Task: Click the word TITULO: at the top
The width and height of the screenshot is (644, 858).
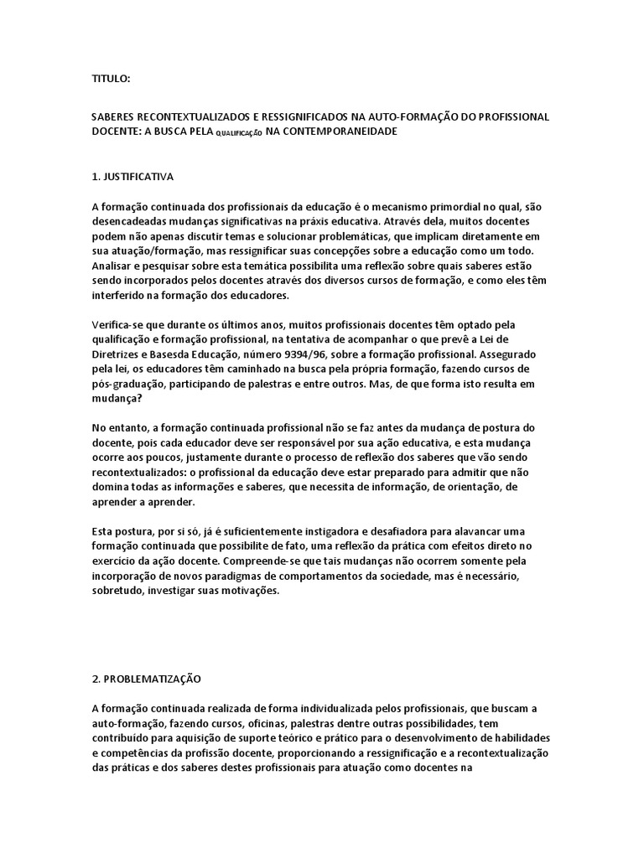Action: [x=111, y=79]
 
